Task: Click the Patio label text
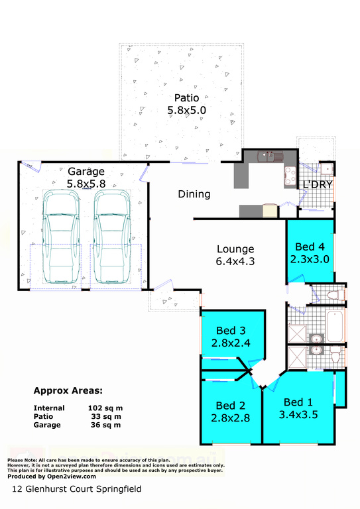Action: [187, 97]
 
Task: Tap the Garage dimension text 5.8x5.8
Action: [86, 184]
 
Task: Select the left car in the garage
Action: [62, 237]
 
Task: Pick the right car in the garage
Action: [112, 237]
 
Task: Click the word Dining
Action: [194, 194]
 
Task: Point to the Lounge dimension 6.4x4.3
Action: [235, 261]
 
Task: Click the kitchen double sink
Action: [270, 157]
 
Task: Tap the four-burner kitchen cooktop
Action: [290, 176]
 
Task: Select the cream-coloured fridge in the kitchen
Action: [270, 211]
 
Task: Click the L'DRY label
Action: [318, 184]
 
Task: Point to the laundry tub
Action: [326, 169]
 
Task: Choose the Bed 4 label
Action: [310, 247]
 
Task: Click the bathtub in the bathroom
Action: [335, 326]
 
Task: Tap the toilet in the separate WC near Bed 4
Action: [335, 295]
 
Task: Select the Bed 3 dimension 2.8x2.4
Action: [231, 343]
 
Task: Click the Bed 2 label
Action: [231, 406]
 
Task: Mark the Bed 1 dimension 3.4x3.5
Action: [298, 414]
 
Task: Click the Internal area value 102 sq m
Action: [105, 408]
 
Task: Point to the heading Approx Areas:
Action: [68, 391]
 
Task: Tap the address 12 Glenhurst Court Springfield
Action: [77, 489]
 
